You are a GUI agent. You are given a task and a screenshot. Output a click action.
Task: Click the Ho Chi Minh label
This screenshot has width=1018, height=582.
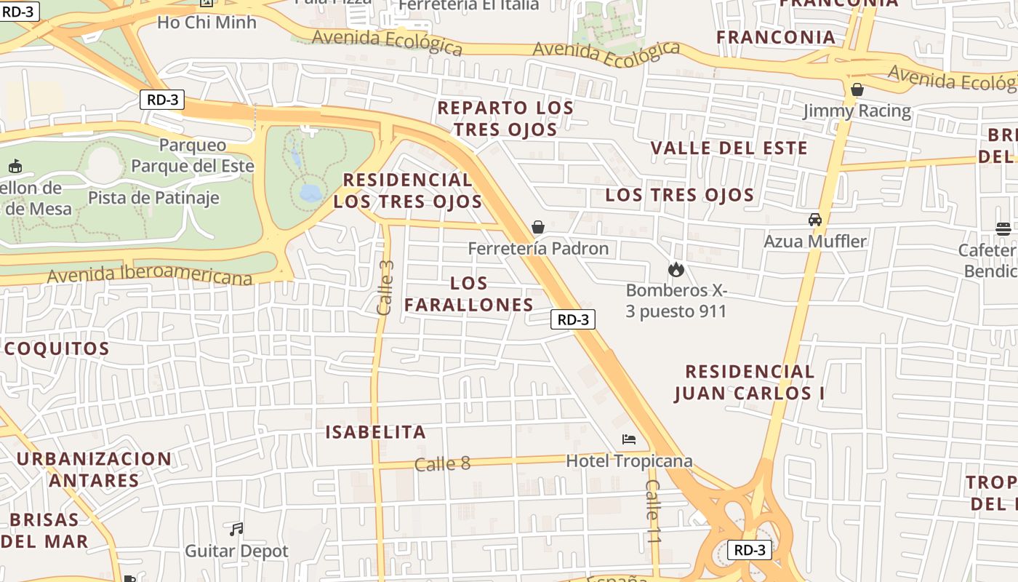tap(207, 23)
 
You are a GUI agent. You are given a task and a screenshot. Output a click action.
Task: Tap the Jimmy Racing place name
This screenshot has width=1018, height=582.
tap(857, 111)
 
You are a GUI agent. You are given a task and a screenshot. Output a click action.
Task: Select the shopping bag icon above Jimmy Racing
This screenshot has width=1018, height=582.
tap(857, 89)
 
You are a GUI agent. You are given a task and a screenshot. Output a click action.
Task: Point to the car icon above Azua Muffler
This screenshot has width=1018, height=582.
tap(815, 220)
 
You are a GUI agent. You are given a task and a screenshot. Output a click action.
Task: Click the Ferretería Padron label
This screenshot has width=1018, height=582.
tap(538, 249)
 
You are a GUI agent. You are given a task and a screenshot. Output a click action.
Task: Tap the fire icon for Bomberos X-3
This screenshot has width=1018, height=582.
tap(676, 270)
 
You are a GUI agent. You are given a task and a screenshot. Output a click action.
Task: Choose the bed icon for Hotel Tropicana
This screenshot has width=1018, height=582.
tap(629, 439)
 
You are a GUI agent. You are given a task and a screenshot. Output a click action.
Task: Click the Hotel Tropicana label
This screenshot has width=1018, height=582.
tap(629, 461)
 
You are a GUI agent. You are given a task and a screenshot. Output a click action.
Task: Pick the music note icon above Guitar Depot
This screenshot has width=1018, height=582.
tap(236, 530)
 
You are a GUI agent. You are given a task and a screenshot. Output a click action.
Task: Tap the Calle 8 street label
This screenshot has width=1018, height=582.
tap(443, 464)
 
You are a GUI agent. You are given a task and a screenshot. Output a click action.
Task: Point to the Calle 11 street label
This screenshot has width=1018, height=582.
tap(654, 511)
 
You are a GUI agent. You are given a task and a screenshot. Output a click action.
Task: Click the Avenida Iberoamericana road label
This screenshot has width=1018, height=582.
tap(150, 276)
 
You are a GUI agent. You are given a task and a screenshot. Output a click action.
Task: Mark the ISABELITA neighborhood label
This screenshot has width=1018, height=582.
tap(375, 432)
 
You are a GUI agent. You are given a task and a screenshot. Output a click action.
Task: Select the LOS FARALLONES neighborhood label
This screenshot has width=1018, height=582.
tap(469, 294)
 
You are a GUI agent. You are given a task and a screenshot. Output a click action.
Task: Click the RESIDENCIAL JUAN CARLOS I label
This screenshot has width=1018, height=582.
tap(750, 383)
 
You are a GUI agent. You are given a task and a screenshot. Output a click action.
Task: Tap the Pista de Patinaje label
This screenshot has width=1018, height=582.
tap(153, 198)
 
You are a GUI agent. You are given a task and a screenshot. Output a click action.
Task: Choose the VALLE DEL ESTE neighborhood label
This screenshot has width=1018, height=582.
tap(729, 148)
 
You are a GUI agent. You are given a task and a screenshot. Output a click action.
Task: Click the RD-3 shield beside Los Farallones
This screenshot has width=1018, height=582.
tap(573, 319)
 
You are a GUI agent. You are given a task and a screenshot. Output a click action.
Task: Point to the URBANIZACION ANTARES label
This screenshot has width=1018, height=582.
tap(94, 470)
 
